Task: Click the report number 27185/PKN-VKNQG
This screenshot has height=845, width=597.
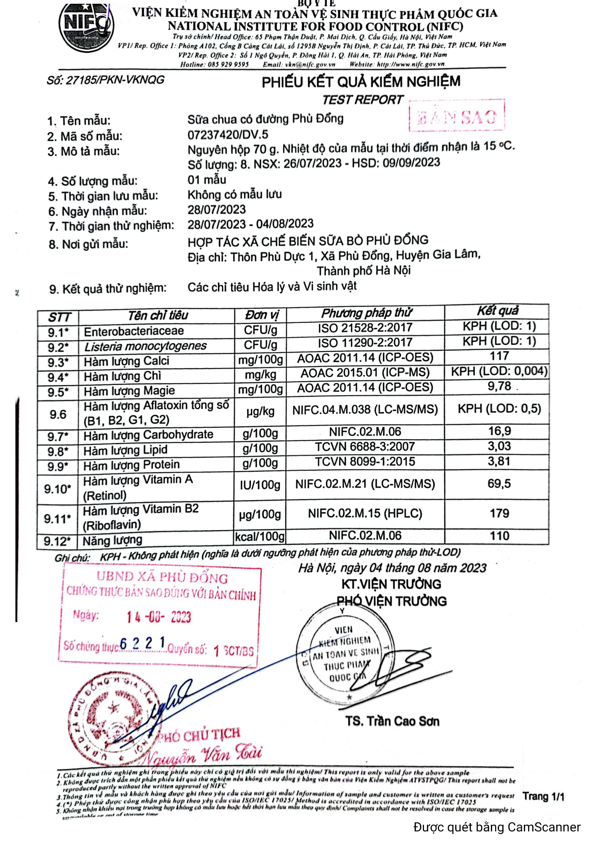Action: pyautogui.click(x=106, y=80)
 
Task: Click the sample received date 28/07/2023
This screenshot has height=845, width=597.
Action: pyautogui.click(x=217, y=210)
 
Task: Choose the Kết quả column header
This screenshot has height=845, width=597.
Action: pyautogui.click(x=497, y=311)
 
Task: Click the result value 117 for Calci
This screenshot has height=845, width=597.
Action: pyautogui.click(x=499, y=356)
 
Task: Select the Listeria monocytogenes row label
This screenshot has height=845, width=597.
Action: pyautogui.click(x=145, y=346)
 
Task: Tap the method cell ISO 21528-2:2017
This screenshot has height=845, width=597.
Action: pyautogui.click(x=365, y=328)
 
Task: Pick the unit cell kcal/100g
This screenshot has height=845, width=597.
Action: pyautogui.click(x=260, y=536)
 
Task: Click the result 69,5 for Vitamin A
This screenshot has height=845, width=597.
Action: pyautogui.click(x=499, y=484)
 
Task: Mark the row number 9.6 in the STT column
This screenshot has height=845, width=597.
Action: pyautogui.click(x=58, y=414)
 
